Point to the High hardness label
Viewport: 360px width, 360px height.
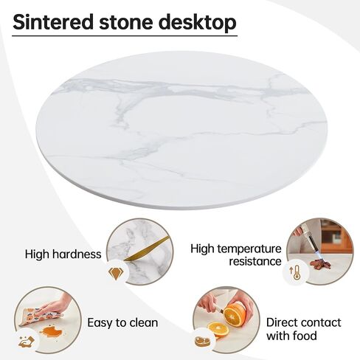(63, 255)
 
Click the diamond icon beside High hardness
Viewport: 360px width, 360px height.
(116, 274)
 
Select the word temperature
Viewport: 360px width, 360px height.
(248, 249)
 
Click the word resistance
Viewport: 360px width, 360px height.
(254, 261)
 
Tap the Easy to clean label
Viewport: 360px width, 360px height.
(122, 323)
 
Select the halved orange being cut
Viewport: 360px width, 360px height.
(235, 315)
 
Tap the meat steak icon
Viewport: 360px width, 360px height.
(201, 342)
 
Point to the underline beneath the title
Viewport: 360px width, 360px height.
(125, 35)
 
